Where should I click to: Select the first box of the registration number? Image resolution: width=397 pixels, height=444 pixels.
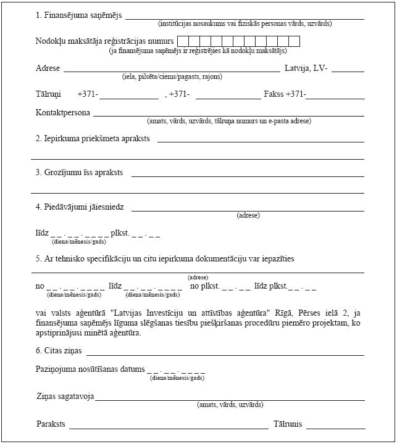tap(183, 41)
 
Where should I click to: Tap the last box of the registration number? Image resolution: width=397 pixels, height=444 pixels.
tap(294, 41)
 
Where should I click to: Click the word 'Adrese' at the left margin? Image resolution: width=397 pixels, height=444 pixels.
tap(48, 68)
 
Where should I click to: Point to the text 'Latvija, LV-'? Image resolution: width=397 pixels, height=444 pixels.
tap(306, 68)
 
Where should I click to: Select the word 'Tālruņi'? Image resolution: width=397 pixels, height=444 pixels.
tap(48, 94)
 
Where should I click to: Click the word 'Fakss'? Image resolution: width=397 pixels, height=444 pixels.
tap(274, 94)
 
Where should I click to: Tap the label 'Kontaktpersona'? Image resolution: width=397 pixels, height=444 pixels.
tap(63, 113)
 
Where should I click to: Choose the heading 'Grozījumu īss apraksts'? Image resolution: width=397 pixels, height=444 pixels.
tap(83, 173)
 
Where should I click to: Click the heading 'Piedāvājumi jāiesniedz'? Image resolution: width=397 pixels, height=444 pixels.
tap(84, 207)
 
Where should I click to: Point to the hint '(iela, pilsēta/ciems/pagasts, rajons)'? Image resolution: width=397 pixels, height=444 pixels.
tap(172, 77)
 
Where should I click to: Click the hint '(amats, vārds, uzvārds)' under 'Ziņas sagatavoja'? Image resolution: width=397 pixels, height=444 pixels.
tap(230, 405)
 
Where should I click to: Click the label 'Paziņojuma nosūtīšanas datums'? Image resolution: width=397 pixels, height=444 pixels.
tap(90, 369)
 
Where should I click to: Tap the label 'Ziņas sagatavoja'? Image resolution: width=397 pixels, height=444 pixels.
tap(65, 397)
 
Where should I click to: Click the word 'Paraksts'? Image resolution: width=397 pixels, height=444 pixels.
tap(51, 424)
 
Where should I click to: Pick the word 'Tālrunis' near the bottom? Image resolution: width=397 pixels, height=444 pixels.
tap(288, 424)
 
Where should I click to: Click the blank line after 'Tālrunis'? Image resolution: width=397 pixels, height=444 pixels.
tap(335, 427)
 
